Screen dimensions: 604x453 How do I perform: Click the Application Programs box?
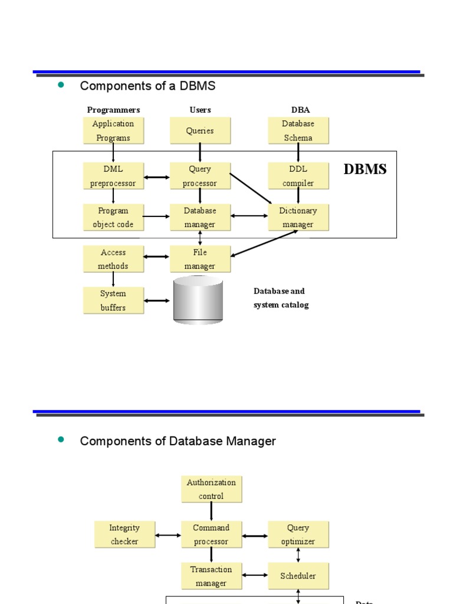(113, 130)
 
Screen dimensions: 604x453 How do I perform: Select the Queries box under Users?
(200, 130)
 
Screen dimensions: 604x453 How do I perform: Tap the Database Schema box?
(298, 130)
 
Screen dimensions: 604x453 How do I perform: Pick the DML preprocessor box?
(113, 176)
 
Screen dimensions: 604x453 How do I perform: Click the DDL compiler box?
(298, 176)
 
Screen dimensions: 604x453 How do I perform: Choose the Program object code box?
(113, 217)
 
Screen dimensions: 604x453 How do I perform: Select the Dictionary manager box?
(298, 217)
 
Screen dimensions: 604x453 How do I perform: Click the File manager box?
(200, 259)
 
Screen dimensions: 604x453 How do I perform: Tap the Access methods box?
(113, 259)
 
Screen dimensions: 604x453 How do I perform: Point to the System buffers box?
(113, 300)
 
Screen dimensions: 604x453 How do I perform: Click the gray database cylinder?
(198, 301)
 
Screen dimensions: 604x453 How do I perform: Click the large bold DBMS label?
(365, 169)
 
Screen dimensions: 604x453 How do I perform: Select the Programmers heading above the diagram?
(113, 110)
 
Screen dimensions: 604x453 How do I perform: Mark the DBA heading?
(300, 110)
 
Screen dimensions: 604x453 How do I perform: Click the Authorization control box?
(211, 489)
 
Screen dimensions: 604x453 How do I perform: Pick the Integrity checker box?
(124, 534)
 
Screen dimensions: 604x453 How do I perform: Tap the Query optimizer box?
(298, 534)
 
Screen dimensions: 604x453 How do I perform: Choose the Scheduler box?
(298, 576)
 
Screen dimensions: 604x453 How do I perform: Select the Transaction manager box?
(211, 576)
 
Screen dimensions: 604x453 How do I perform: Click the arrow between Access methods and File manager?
(157, 257)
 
